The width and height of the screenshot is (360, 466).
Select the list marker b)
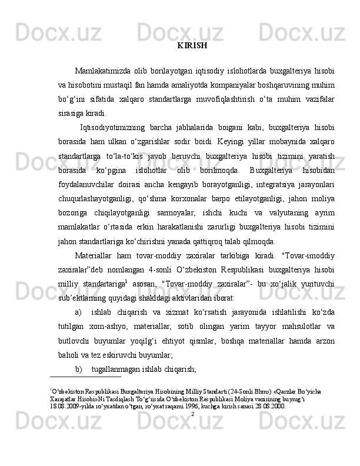[x=79, y=369]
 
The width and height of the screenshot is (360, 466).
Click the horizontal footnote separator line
[x=86, y=378]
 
